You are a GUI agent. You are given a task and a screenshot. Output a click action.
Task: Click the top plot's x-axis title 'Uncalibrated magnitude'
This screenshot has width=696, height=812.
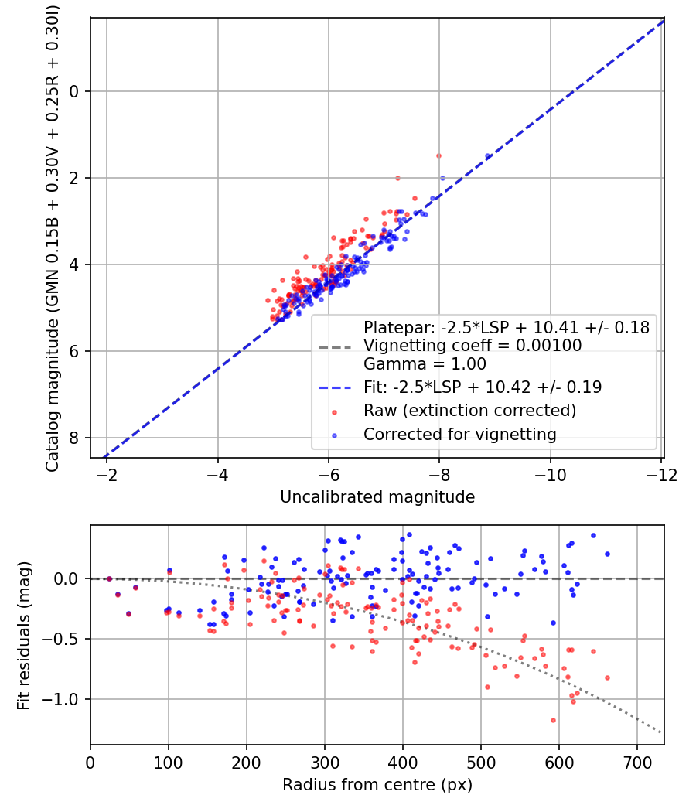[377, 496]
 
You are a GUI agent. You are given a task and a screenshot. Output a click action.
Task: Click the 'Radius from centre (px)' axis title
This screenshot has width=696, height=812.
[377, 785]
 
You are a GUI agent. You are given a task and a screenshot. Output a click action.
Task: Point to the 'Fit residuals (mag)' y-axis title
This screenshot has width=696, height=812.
[24, 635]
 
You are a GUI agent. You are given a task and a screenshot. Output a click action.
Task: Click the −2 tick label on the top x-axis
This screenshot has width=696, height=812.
[106, 473]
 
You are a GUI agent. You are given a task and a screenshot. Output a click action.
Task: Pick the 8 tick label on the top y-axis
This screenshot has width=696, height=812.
[75, 438]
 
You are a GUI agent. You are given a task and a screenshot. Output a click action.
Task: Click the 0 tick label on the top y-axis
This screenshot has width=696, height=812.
[75, 92]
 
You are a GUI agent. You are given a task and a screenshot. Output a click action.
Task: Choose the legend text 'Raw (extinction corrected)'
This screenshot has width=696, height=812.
[469, 410]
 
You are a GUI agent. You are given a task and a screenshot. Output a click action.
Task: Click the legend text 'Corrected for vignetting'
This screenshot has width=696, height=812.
[459, 435]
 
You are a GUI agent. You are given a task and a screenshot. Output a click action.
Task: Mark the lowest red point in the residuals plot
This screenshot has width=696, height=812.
[553, 720]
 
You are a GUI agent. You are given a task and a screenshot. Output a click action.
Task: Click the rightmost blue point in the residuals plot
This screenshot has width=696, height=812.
[607, 554]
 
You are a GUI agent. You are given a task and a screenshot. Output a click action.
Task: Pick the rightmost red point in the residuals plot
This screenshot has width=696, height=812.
[607, 677]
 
